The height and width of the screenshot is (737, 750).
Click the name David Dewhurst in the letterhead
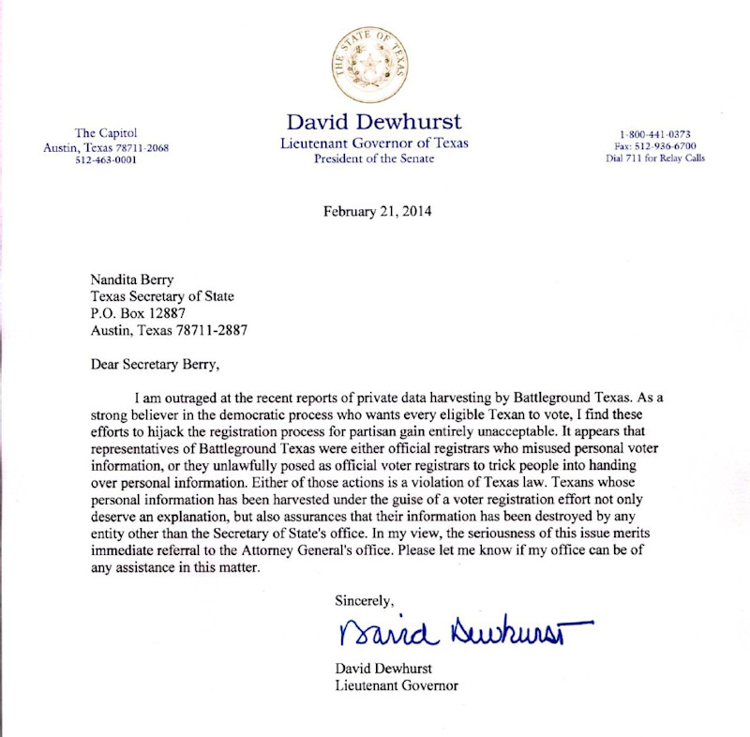pos(374,123)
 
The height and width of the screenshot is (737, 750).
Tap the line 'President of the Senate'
pos(374,158)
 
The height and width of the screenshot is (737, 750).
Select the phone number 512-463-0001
pos(106,160)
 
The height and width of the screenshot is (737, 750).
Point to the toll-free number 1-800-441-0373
pos(655,134)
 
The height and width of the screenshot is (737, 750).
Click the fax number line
pos(655,146)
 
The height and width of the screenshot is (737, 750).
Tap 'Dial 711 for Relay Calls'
pos(655,158)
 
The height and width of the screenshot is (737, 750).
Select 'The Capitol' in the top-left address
pos(106,133)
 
